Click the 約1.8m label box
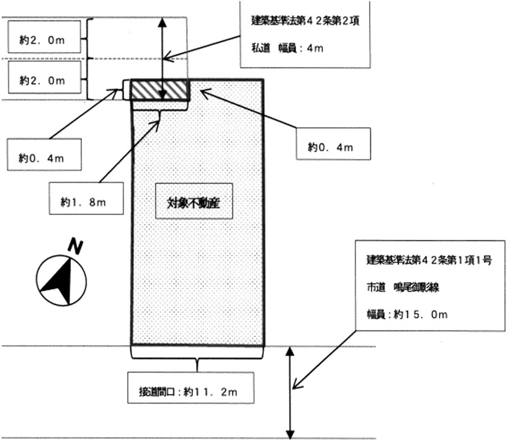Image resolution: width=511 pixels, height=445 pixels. point(86,198)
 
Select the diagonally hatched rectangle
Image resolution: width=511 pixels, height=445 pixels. point(159,90)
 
